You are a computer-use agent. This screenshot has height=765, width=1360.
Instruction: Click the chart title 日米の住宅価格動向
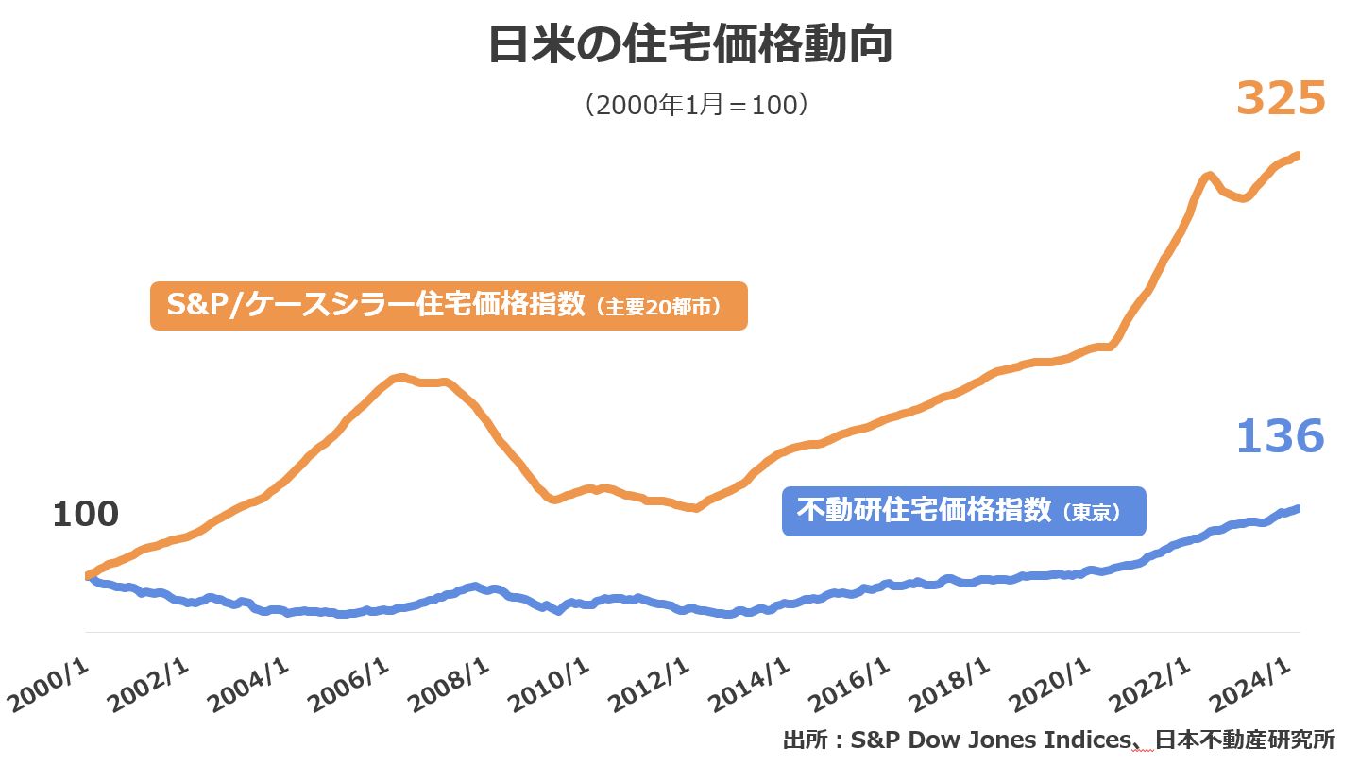(690, 45)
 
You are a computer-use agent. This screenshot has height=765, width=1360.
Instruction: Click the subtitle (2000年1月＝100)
(696, 104)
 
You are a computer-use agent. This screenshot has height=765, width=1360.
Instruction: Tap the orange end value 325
(1281, 98)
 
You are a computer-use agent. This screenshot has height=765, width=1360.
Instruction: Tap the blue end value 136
(1281, 436)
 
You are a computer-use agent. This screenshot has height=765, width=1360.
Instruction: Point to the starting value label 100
(85, 515)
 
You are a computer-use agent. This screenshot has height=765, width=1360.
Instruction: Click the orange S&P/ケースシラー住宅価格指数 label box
(449, 306)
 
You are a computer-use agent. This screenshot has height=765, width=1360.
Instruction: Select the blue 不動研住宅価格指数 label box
(963, 511)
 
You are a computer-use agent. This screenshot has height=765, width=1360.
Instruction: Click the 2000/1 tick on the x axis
(49, 686)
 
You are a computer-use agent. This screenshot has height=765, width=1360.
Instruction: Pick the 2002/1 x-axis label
(150, 686)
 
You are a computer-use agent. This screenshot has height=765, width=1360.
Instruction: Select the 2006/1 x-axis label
(350, 686)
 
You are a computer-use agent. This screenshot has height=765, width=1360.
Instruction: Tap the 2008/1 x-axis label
(450, 686)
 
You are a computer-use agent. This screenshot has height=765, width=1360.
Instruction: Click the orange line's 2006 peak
(401, 378)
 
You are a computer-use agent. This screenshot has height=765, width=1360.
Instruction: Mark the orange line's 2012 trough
(695, 508)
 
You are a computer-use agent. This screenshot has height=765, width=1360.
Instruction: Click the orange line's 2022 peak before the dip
(1207, 175)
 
